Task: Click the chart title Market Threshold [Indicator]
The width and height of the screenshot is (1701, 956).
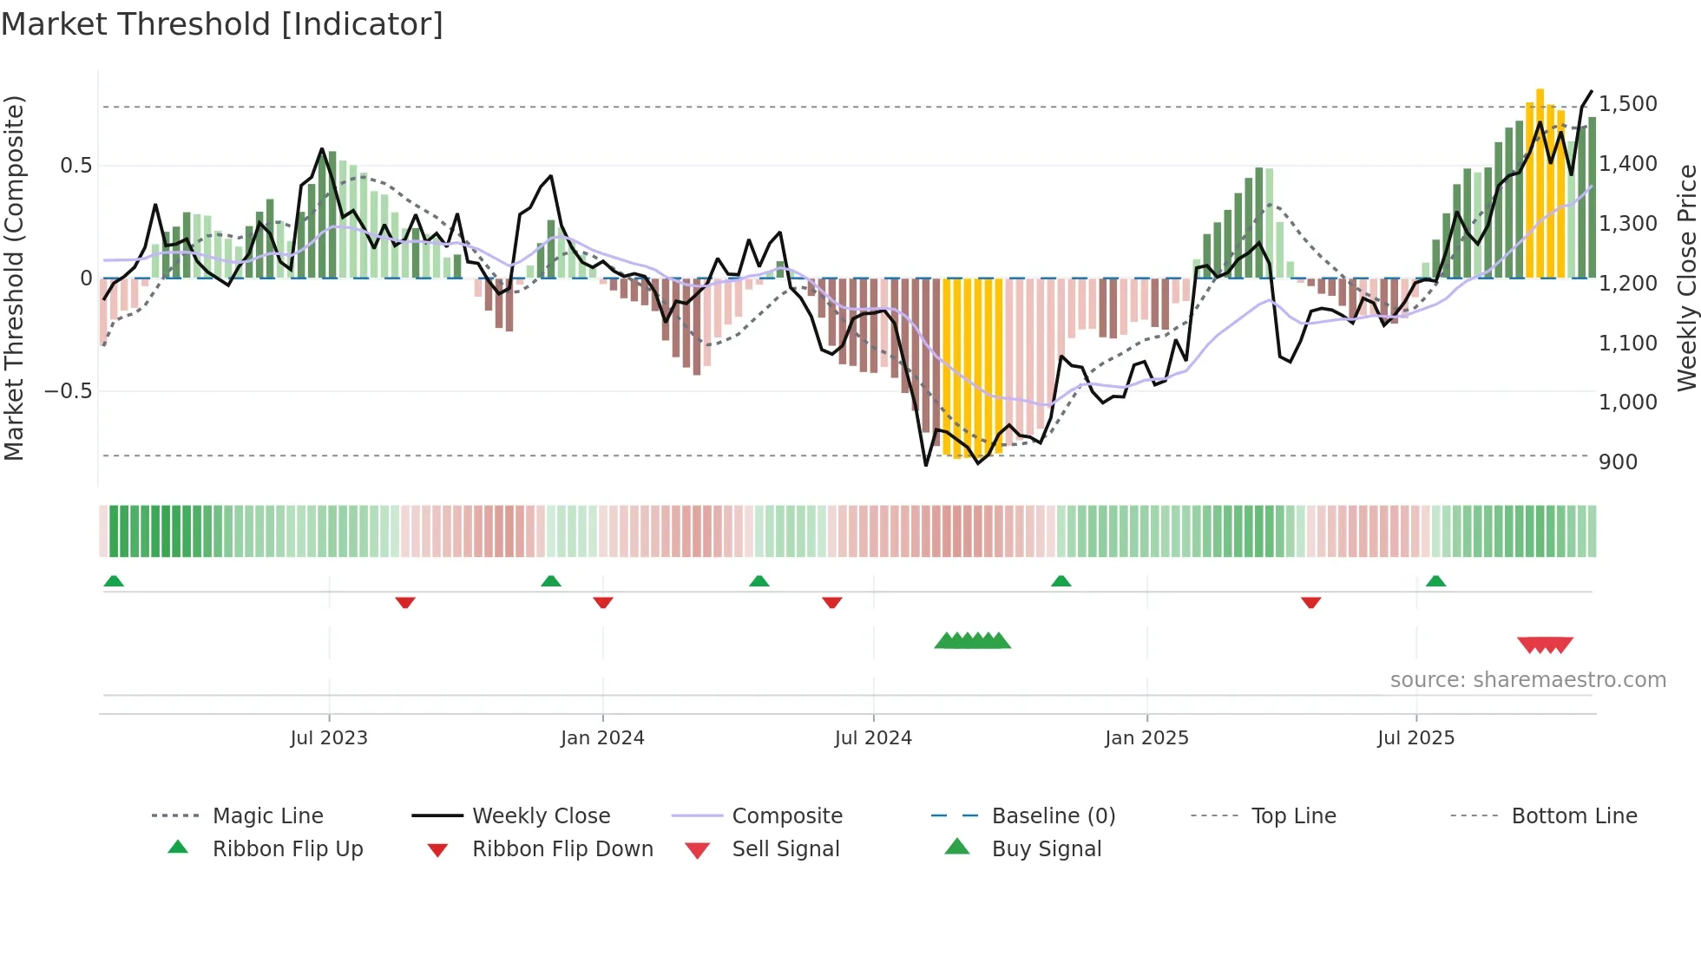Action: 222,24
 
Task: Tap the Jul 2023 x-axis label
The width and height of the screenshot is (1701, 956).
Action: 329,738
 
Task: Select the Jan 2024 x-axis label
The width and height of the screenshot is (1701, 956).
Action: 602,738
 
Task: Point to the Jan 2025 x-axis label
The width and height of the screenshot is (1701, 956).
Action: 1146,738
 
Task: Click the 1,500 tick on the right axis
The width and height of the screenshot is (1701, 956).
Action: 1628,104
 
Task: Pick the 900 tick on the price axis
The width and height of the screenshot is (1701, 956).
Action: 1618,462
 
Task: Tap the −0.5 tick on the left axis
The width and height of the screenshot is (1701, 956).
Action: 68,391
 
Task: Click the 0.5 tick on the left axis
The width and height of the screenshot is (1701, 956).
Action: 76,166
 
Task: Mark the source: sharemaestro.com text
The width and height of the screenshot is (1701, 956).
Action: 1527,680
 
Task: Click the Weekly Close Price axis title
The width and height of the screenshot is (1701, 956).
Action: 1686,278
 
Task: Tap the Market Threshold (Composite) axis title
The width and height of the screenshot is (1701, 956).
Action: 14,278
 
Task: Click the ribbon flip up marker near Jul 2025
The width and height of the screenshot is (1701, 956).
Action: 1435,581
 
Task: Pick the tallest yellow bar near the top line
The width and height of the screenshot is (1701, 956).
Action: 1540,182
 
